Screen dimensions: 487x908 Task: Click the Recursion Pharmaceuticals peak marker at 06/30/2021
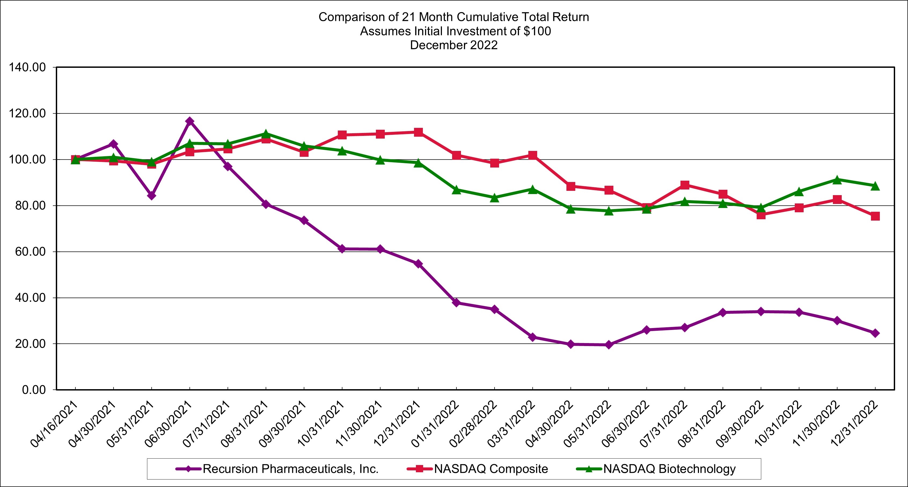coord(190,121)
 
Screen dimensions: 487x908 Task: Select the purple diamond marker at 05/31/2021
coord(152,195)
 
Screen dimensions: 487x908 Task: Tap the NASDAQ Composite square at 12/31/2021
coord(418,132)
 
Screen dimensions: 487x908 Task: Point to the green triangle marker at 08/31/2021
coord(266,134)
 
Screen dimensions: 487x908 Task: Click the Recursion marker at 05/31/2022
coord(609,345)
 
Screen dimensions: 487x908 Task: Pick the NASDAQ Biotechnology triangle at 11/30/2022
coord(837,180)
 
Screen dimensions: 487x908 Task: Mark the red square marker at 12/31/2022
coord(875,216)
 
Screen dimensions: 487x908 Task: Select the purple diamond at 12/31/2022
coord(875,333)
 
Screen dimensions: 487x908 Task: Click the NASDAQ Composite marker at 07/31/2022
coord(685,185)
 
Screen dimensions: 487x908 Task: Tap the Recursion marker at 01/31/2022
coord(456,303)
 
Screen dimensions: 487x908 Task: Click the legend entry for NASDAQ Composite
coord(491,469)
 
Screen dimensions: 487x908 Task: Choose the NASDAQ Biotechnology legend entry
coord(669,469)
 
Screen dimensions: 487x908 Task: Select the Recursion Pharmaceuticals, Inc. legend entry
coord(290,469)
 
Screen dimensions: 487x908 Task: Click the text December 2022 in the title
coord(454,45)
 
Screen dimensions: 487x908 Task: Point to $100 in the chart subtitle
coord(537,31)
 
